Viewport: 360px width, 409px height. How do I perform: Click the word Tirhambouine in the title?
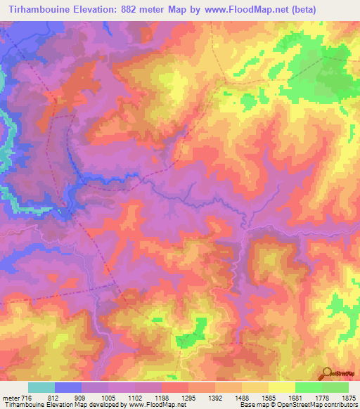(32, 10)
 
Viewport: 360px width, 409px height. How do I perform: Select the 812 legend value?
(56, 397)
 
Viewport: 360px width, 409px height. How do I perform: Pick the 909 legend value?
(82, 397)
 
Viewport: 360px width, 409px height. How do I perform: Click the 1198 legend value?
(162, 397)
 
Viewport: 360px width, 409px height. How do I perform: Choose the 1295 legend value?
(189, 397)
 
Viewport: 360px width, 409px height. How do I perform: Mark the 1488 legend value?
(242, 397)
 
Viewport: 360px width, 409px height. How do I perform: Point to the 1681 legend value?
(295, 397)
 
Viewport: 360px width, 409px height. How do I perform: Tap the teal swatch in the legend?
(41, 387)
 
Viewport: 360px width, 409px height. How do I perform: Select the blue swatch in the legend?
(68, 387)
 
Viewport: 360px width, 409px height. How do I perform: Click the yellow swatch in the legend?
(281, 387)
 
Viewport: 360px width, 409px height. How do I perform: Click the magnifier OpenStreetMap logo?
(326, 372)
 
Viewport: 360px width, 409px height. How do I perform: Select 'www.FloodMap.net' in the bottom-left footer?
(152, 405)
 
